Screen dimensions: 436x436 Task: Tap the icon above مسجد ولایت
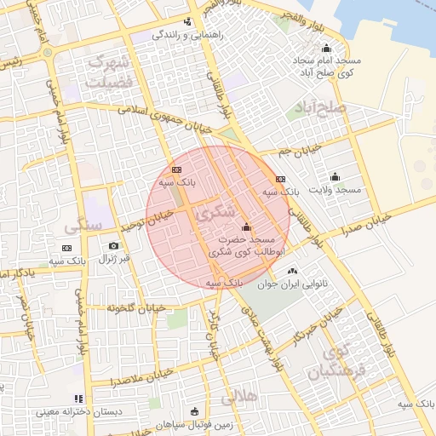[x=335, y=177]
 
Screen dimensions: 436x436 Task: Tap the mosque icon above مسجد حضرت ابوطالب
[x=247, y=227]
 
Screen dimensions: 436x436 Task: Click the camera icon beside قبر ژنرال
[x=114, y=246]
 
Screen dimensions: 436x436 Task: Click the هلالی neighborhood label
[x=238, y=397]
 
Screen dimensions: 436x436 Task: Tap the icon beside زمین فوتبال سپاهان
[x=194, y=410]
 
